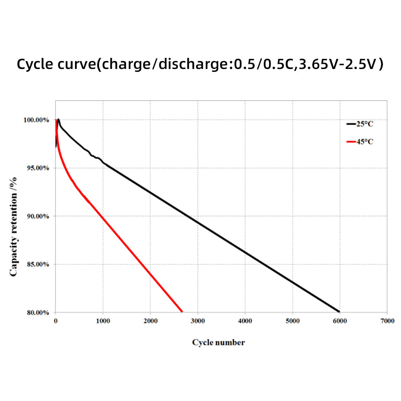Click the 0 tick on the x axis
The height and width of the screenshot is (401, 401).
[x=55, y=321]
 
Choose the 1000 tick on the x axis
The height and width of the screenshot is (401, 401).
[x=103, y=321]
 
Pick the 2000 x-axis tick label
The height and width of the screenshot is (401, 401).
[x=150, y=321]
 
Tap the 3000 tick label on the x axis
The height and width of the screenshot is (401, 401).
[x=198, y=321]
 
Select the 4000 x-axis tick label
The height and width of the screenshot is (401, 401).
[x=245, y=321]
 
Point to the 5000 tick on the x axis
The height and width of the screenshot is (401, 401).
[x=292, y=321]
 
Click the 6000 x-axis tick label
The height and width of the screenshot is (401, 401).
[x=340, y=321]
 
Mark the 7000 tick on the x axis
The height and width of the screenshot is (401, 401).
[x=387, y=321]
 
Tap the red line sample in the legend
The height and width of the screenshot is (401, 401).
[x=351, y=142]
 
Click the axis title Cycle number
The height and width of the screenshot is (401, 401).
[x=218, y=342]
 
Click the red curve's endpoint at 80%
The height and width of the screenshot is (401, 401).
[x=182, y=311]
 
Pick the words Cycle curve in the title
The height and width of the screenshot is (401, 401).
[x=56, y=64]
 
